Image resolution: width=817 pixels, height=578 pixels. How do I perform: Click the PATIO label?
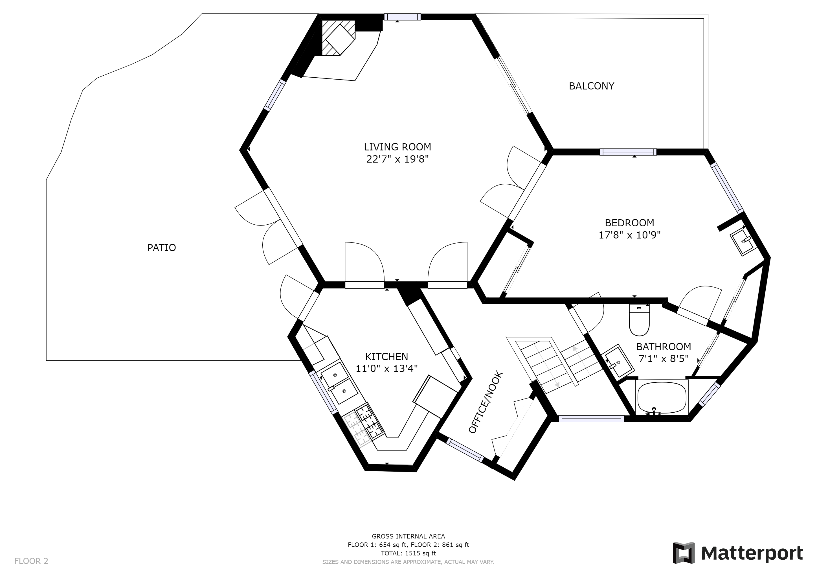point(162,248)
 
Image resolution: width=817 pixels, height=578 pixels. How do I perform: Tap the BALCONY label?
point(591,86)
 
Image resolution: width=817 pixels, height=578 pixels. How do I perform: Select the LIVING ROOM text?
point(397,147)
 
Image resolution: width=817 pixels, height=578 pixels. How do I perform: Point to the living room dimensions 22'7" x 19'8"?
point(397,159)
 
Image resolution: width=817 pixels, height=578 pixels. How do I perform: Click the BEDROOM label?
point(629,223)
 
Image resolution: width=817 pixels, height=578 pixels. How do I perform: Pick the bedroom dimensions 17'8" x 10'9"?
point(629,235)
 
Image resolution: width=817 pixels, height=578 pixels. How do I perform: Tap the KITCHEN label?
point(386,357)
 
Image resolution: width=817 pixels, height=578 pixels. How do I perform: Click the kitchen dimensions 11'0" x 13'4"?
point(386,368)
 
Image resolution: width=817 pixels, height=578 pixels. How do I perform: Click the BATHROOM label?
point(664,347)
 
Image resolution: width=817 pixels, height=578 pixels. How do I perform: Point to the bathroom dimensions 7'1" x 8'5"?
point(664,358)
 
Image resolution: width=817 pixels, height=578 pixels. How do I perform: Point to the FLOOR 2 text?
point(31,561)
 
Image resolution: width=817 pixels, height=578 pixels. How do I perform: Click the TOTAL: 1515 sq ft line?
point(408,553)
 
